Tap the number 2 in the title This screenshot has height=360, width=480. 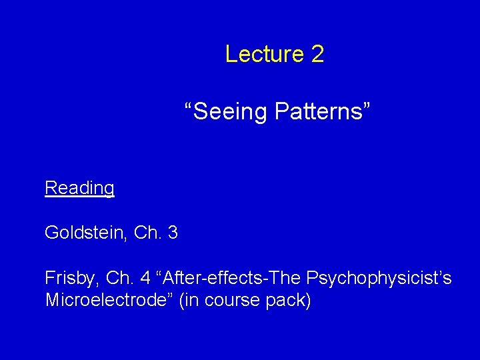[317, 54]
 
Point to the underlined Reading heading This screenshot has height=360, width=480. [79, 189]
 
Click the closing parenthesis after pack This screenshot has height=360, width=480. [308, 300]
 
